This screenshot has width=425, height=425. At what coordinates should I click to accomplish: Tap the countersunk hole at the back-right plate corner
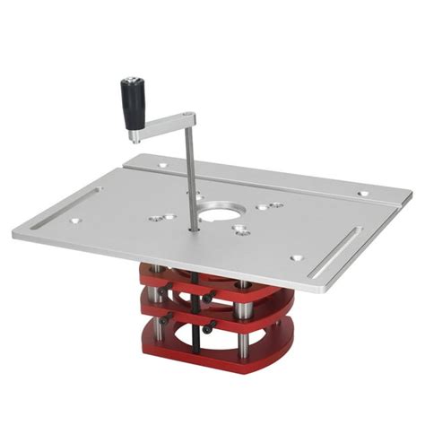click(361, 193)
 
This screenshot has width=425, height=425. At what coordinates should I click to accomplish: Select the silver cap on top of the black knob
click(126, 82)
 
